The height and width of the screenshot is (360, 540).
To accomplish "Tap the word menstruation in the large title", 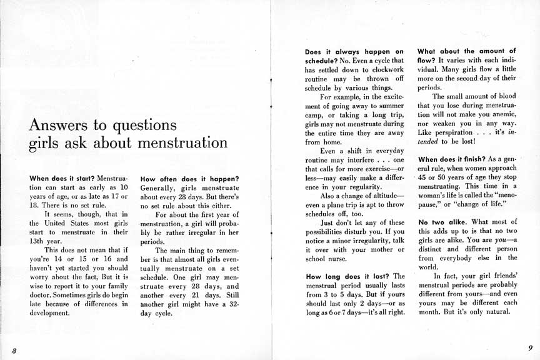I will coord(182,142).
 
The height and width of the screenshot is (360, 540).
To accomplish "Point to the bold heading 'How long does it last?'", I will coord(347,276).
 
